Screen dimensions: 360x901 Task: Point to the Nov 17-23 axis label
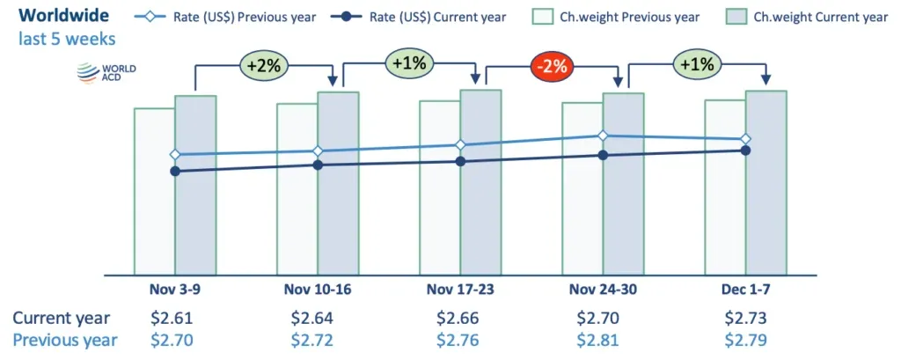click(460, 289)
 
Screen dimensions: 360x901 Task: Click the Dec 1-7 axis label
click(745, 289)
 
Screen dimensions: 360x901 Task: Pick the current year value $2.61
click(175, 318)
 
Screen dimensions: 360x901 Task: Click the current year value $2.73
click(745, 318)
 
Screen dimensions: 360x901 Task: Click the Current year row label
click(61, 318)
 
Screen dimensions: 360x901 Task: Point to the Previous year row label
click(64, 340)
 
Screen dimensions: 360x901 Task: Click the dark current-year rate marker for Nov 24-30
click(603, 155)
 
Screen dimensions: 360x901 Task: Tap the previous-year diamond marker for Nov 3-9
click(175, 154)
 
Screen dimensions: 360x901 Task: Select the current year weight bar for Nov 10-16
click(338, 211)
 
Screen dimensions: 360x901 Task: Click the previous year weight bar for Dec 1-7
click(724, 211)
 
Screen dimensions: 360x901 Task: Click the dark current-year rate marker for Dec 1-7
click(745, 151)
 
